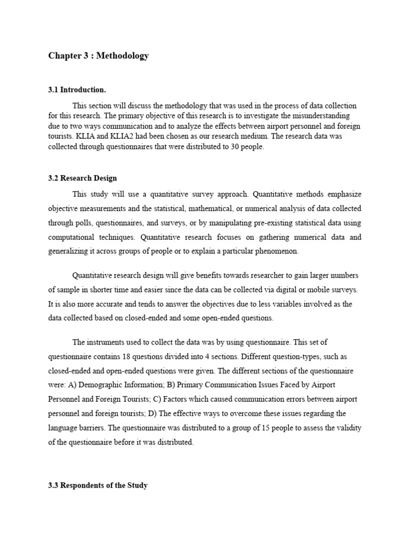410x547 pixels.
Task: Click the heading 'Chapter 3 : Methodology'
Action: [x=98, y=56]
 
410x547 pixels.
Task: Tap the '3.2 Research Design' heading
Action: [x=82, y=178]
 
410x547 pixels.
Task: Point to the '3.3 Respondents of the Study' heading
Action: [x=98, y=486]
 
